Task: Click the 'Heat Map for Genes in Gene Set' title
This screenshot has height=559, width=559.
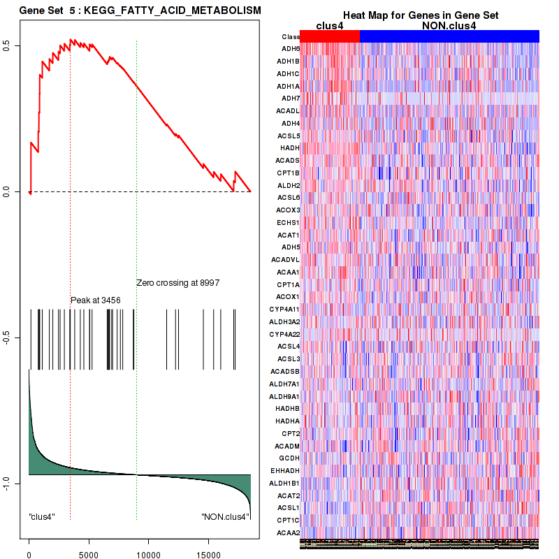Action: [420, 15]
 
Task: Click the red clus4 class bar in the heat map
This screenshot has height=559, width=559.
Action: [329, 36]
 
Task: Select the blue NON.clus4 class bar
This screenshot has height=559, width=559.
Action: [449, 36]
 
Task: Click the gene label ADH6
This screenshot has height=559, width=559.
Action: [290, 49]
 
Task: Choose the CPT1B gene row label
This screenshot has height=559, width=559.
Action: [289, 173]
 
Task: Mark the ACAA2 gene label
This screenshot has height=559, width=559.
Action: [289, 532]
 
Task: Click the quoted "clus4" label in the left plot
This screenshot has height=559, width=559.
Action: [42, 517]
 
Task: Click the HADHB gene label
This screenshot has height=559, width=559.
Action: [288, 408]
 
